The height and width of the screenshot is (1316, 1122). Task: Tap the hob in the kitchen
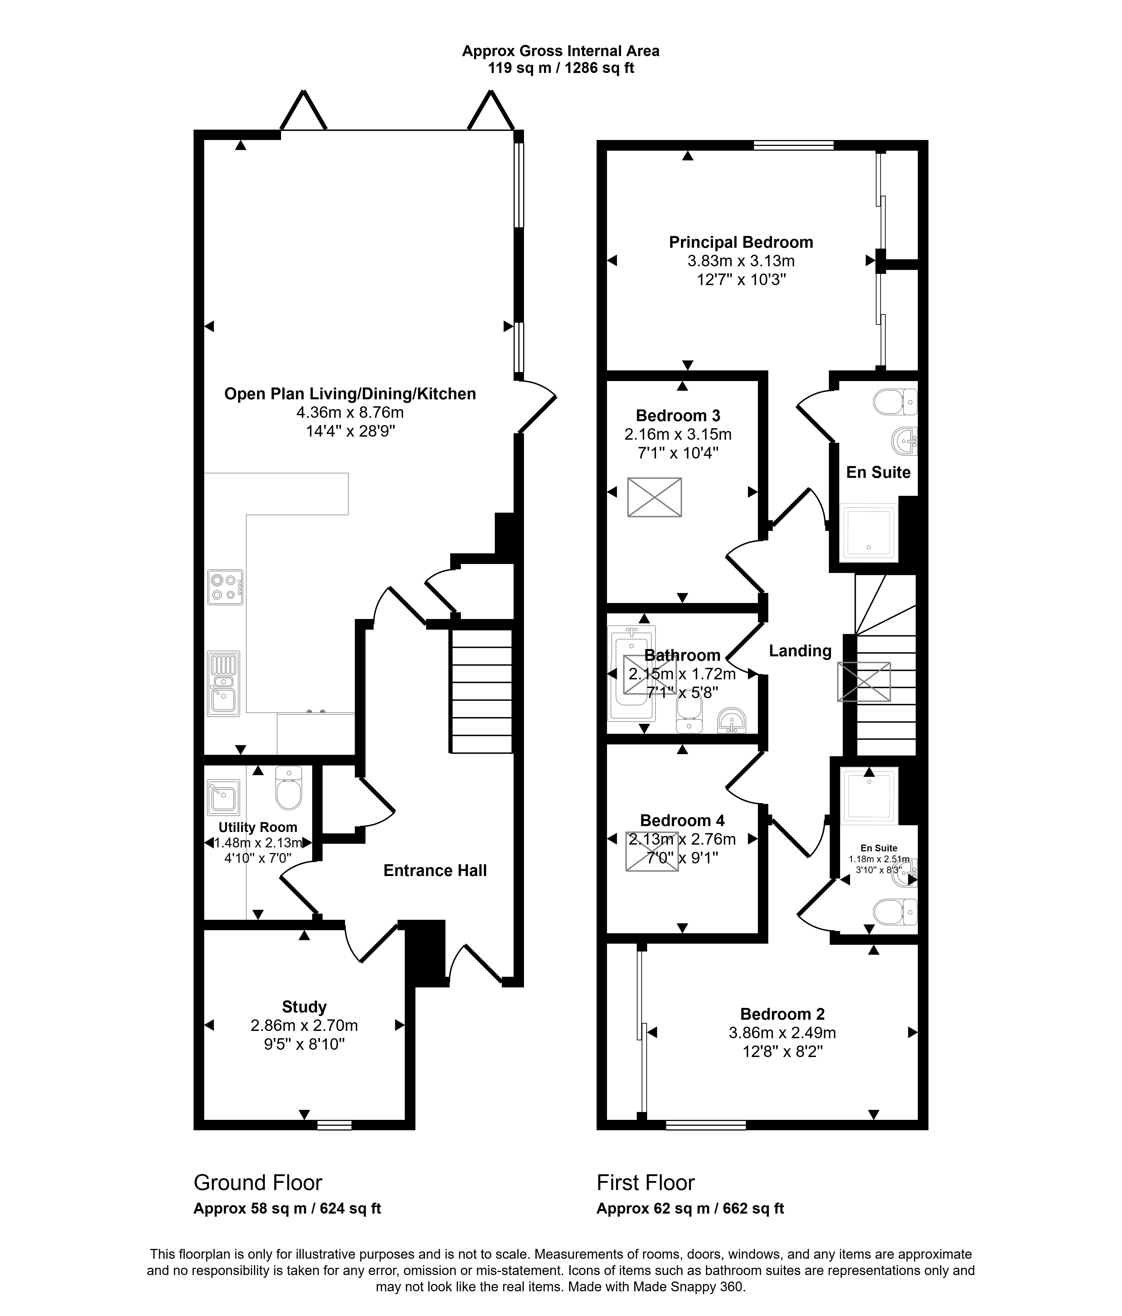226,587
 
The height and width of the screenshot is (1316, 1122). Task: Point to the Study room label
304,1007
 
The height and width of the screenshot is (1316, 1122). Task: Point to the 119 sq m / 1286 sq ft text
561,68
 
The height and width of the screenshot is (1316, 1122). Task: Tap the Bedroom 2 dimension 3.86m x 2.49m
782,1033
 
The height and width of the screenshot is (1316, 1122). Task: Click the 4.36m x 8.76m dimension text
350,412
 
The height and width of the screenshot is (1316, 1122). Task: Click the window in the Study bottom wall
335,1125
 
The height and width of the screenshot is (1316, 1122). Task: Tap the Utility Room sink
224,797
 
